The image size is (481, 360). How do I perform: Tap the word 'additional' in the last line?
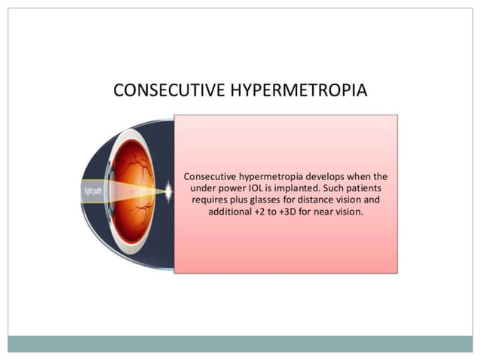point(231,212)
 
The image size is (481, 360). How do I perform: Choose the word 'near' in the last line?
point(336,212)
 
